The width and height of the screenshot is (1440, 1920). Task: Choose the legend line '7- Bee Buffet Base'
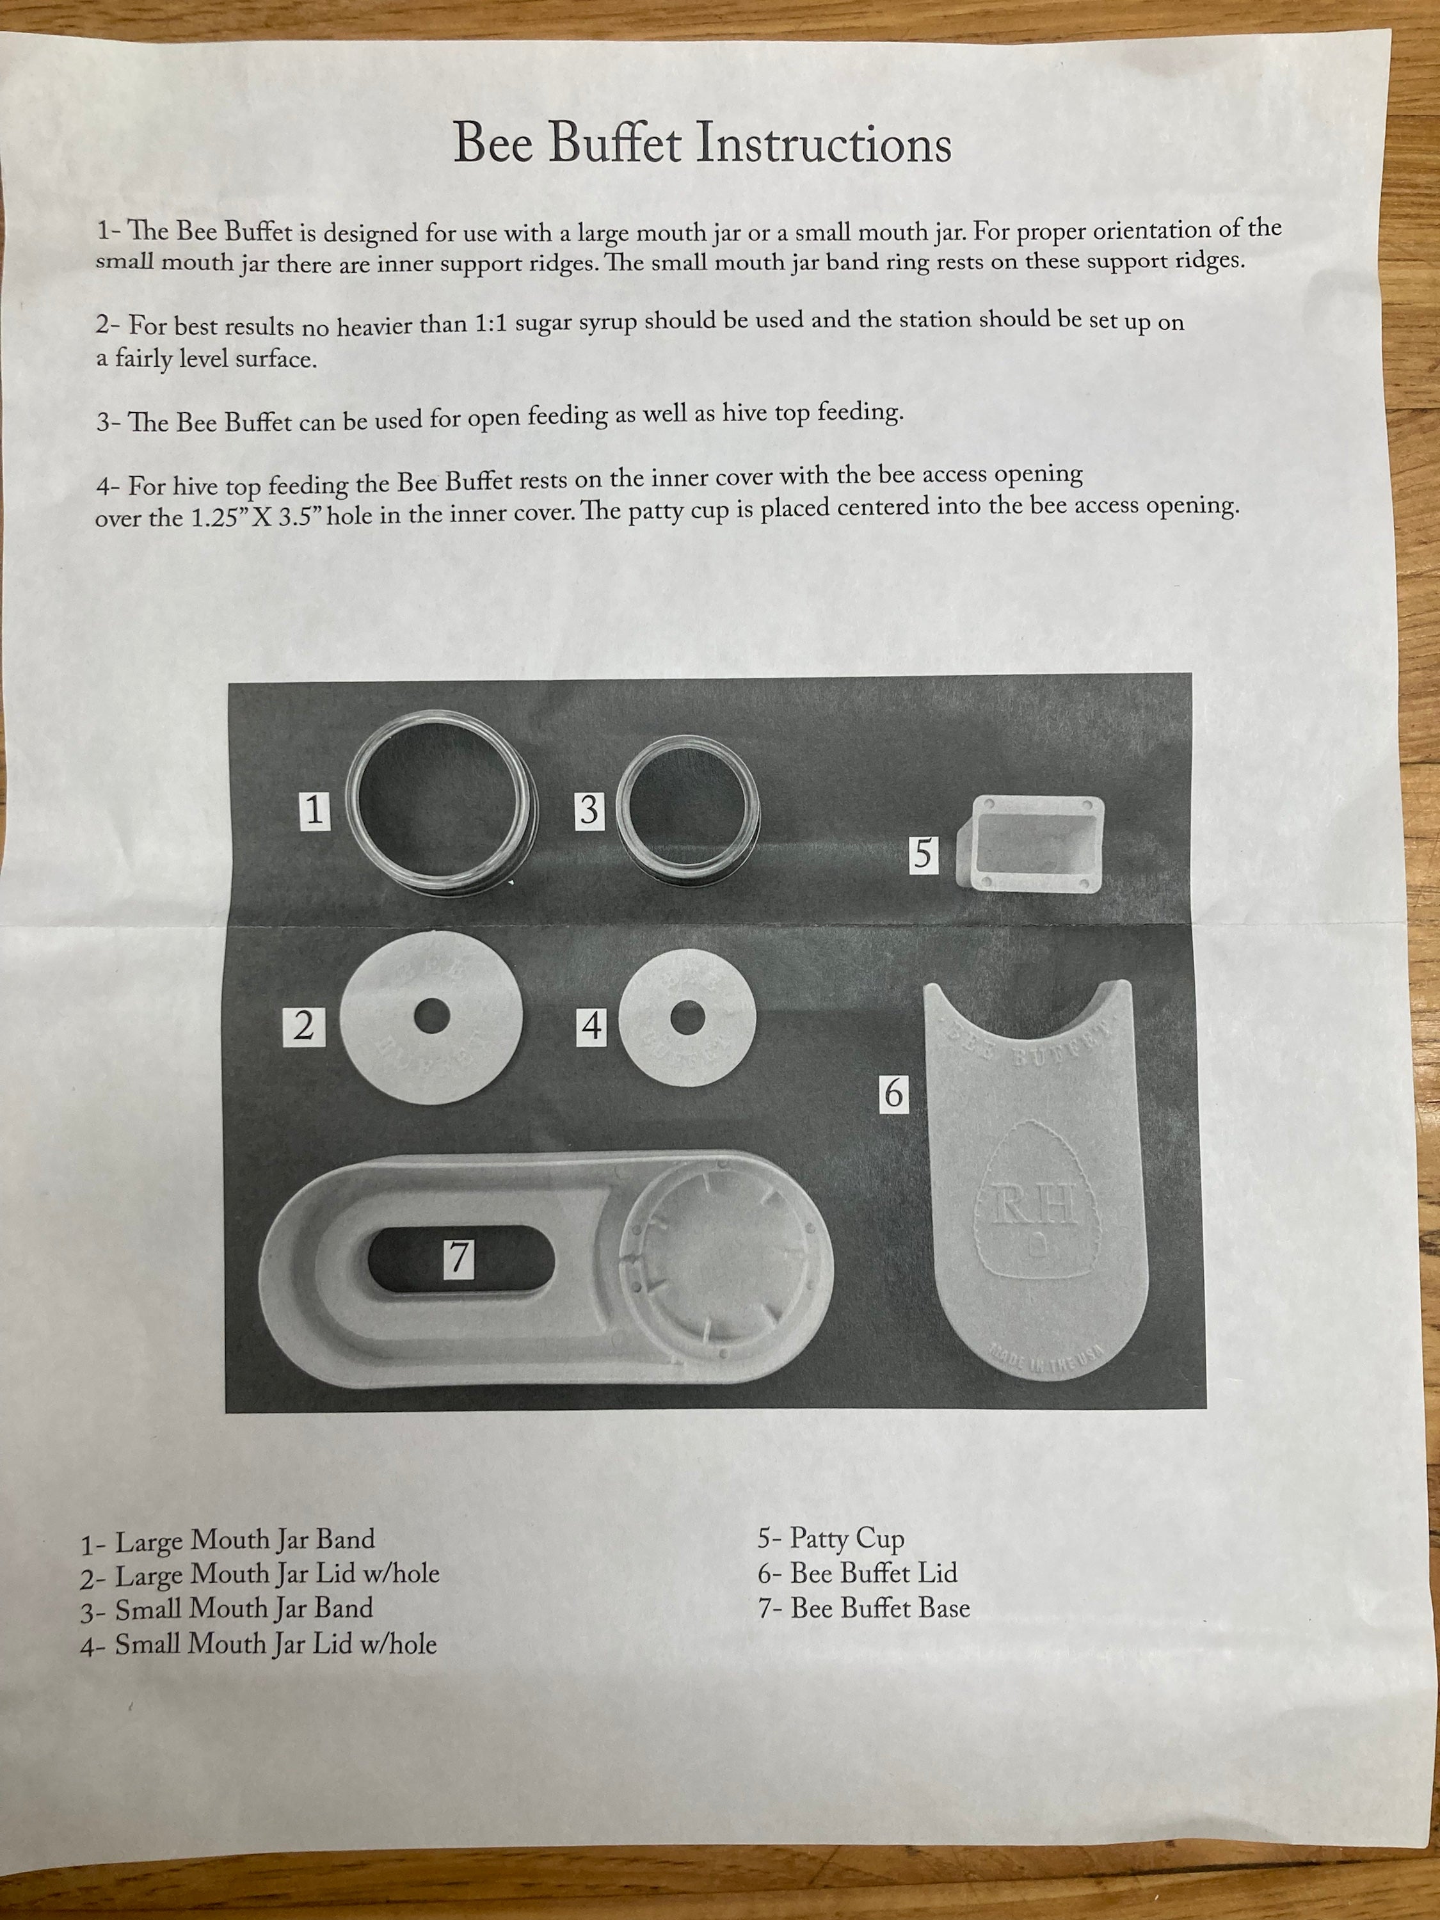click(x=863, y=1608)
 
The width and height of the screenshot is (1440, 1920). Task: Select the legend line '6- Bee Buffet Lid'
click(x=858, y=1574)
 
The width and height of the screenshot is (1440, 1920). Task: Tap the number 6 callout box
click(x=893, y=1093)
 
